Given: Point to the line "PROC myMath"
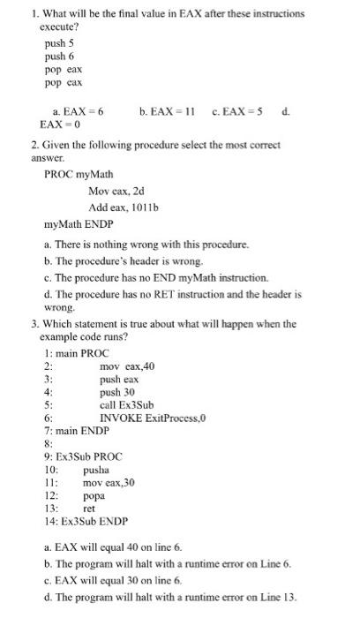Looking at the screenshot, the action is (79, 175).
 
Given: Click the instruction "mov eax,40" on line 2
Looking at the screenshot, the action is (126, 366).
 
